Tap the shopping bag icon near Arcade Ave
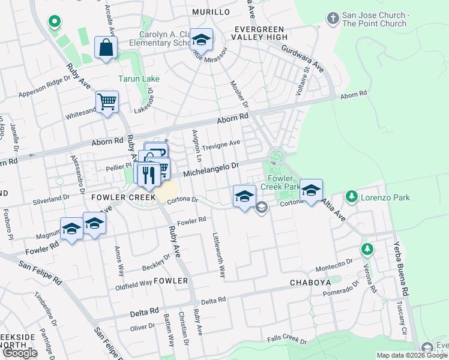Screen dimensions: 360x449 click(x=106, y=49)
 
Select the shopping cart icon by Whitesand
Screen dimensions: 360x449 click(x=107, y=103)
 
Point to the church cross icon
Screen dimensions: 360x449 click(x=333, y=19)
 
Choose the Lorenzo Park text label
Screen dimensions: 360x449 click(x=385, y=196)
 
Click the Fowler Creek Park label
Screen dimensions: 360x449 click(x=282, y=182)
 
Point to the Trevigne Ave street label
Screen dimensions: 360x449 click(x=221, y=143)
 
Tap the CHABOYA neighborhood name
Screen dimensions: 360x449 click(x=310, y=282)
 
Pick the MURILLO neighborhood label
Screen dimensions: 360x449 click(x=211, y=12)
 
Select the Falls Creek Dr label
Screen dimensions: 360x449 click(x=288, y=340)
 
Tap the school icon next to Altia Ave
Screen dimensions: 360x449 click(x=311, y=191)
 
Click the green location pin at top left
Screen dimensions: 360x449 click(x=54, y=22)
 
